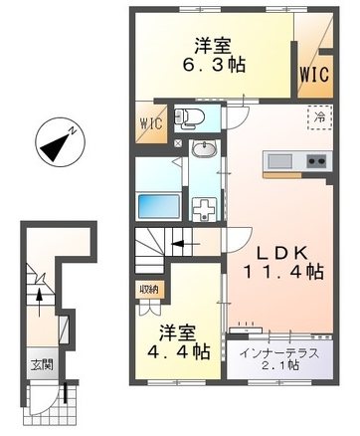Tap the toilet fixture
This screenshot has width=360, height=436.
pos(191,118)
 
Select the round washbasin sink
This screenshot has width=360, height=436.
pos(204,150)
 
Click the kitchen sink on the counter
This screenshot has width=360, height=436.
pos(277,161)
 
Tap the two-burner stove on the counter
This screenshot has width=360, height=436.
pos(316,161)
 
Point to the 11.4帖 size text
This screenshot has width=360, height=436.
pos(285,270)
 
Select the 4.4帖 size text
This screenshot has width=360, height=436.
pos(179,350)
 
